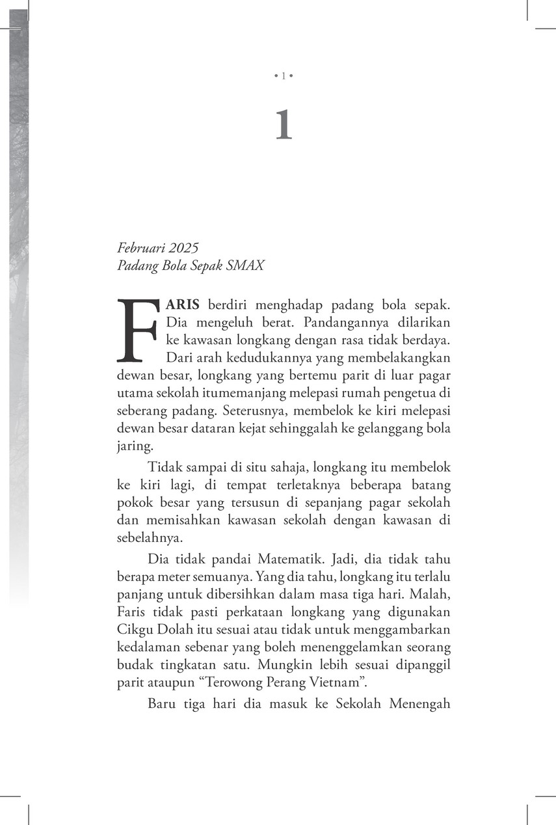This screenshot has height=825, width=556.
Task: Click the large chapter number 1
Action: (x=283, y=126)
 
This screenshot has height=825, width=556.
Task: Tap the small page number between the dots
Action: (x=283, y=77)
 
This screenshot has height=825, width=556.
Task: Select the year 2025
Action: (x=182, y=248)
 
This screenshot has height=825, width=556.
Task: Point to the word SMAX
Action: (x=248, y=265)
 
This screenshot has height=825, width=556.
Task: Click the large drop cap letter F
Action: (x=138, y=331)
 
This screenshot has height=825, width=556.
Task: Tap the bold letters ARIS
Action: (x=185, y=304)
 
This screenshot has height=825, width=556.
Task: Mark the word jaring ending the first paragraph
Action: (x=133, y=446)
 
